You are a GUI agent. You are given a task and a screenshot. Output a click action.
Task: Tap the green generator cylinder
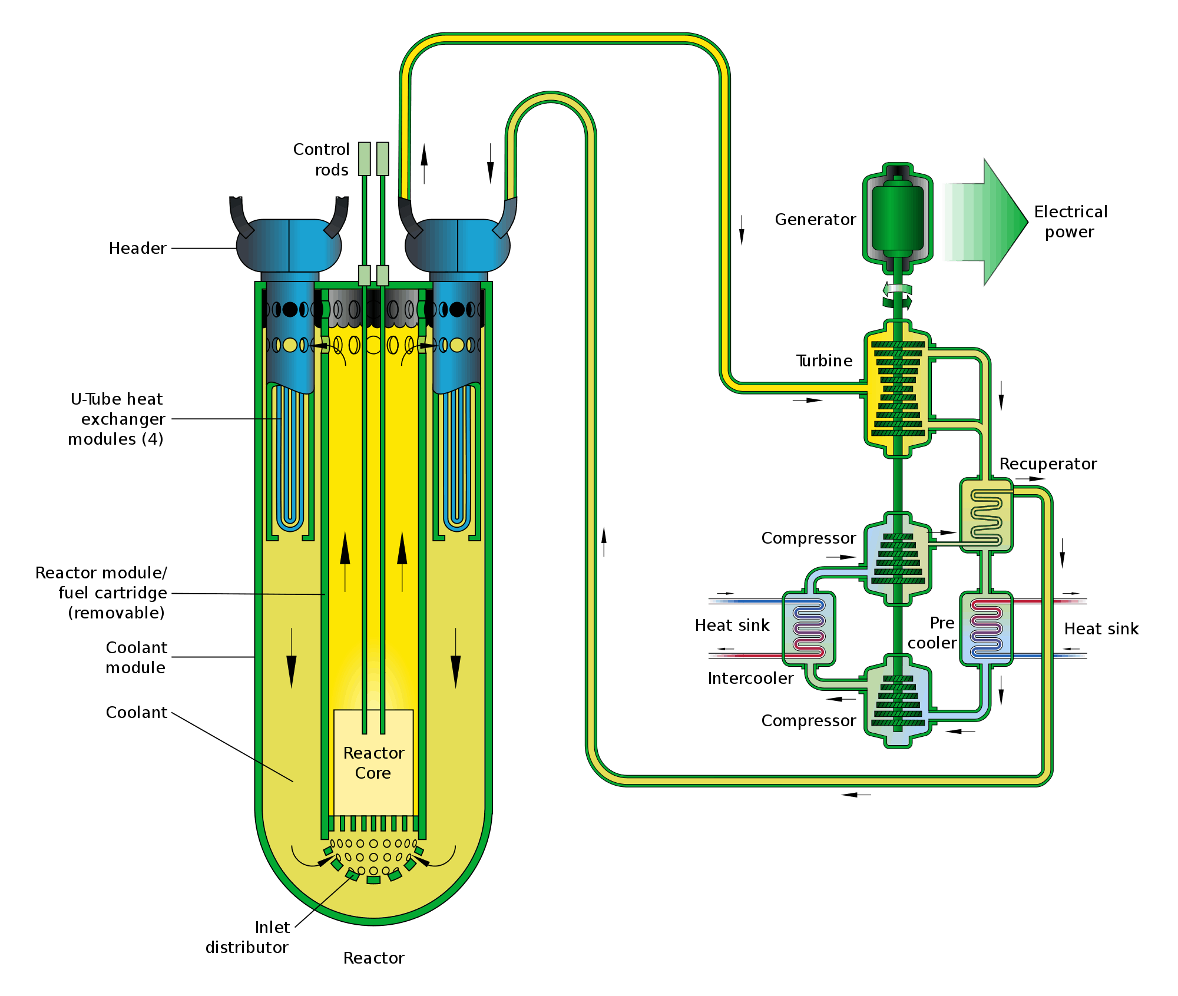897,218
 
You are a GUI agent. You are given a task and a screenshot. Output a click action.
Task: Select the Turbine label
824,360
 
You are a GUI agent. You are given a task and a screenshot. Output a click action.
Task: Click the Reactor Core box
373,762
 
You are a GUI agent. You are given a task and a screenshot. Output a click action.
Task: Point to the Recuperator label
1048,464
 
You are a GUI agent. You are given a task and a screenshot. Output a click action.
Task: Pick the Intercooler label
750,679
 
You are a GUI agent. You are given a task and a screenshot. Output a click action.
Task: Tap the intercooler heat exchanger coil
808,628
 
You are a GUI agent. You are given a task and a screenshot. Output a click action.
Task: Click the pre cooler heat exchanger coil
986,628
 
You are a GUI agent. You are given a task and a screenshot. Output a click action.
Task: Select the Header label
137,249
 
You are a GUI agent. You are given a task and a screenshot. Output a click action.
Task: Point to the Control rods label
322,160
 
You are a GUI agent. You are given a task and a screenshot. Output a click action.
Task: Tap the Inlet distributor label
247,937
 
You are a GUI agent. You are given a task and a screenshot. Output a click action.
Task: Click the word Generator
815,220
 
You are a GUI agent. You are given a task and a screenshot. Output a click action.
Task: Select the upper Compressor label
808,538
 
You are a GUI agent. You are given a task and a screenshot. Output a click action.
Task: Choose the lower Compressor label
808,721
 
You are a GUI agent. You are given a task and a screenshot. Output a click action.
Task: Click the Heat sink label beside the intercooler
732,626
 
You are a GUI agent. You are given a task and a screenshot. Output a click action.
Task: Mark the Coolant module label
136,657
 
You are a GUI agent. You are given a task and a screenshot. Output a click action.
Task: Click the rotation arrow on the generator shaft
897,295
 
